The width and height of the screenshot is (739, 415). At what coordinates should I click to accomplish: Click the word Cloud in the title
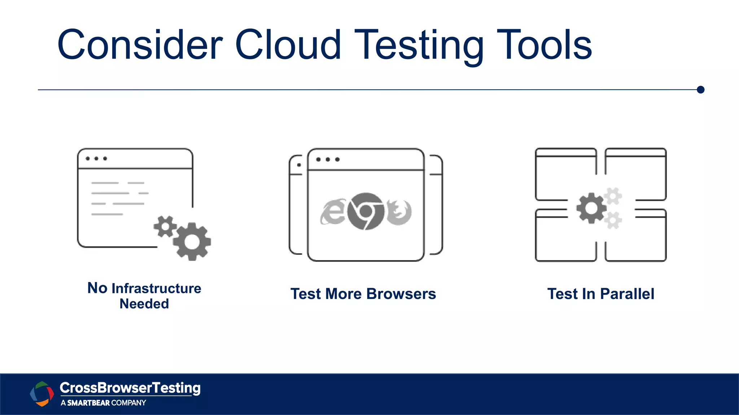pyautogui.click(x=288, y=45)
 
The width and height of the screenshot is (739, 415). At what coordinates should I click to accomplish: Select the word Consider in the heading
pyautogui.click(x=140, y=45)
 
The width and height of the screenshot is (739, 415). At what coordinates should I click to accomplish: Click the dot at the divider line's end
pyautogui.click(x=701, y=90)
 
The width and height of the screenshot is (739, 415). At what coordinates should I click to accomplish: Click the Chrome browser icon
pyautogui.click(x=366, y=211)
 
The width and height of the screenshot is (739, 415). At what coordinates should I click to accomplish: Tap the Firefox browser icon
pyautogui.click(x=399, y=212)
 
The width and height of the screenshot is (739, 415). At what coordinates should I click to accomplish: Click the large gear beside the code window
pyautogui.click(x=192, y=242)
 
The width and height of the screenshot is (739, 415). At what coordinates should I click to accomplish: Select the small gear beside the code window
pyautogui.click(x=165, y=226)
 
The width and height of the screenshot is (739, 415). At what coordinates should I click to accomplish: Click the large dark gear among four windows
pyautogui.click(x=591, y=208)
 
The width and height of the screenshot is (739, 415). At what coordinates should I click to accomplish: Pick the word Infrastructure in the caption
pyautogui.click(x=156, y=288)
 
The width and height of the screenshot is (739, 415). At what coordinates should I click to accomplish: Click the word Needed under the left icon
pyautogui.click(x=144, y=304)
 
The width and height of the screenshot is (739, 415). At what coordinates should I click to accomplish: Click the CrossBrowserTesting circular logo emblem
pyautogui.click(x=42, y=393)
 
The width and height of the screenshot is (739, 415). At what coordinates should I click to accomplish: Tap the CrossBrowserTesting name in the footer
pyautogui.click(x=130, y=388)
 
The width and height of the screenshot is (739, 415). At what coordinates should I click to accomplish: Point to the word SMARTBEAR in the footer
pyautogui.click(x=88, y=403)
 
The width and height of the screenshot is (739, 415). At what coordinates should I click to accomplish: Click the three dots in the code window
pyautogui.click(x=96, y=159)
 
